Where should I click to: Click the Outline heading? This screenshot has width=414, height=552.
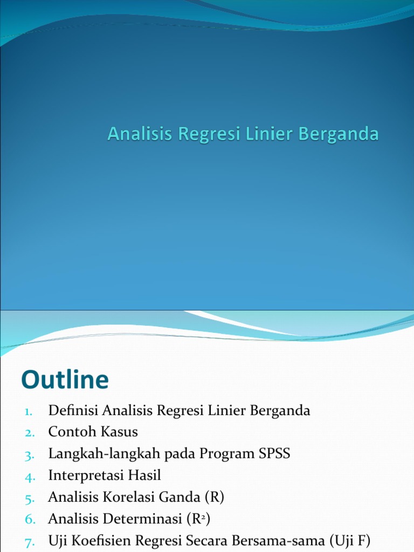65,380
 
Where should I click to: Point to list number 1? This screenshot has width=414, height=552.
29,411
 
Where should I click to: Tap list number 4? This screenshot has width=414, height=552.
29,476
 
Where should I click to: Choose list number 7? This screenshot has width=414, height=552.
29,541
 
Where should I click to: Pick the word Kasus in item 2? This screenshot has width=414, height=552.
120,432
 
